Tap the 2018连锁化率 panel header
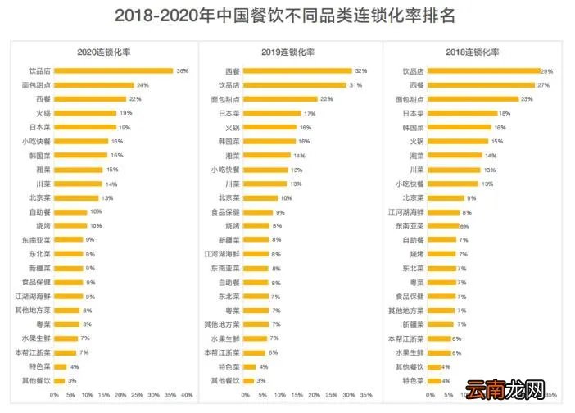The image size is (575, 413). click(476, 52)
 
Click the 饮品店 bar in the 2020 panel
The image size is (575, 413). click(113, 71)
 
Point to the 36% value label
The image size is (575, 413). click(182, 71)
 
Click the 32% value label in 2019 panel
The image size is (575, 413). click(360, 71)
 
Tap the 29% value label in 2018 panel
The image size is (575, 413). click(546, 71)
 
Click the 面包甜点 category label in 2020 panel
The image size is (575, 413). click(36, 85)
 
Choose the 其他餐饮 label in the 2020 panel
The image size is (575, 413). click(36, 380)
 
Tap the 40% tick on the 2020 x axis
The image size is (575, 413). click(187, 395)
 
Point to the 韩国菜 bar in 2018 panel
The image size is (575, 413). click(459, 127)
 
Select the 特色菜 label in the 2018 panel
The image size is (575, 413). click(412, 380)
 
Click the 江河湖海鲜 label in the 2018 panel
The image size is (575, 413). click(407, 212)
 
